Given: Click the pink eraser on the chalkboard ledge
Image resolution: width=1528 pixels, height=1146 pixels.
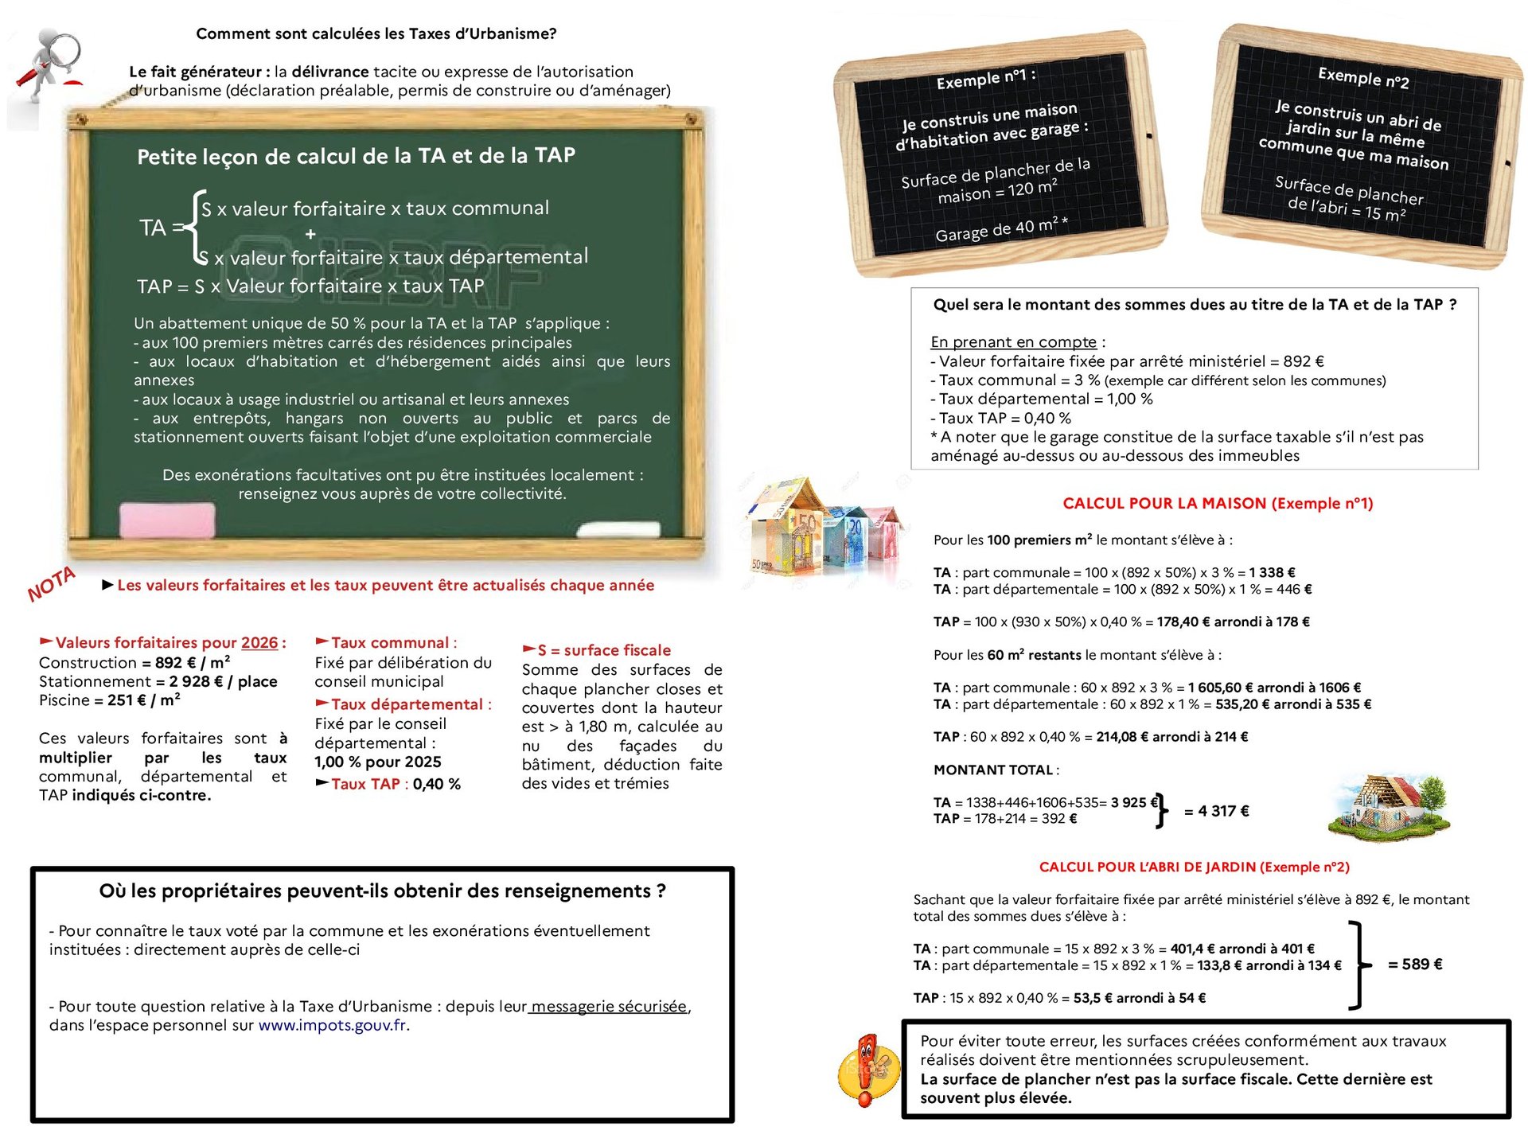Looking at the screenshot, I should click(167, 520).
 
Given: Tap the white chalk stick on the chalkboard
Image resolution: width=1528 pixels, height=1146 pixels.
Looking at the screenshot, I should click(618, 529).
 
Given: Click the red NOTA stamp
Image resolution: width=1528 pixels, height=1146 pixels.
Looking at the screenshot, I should click(51, 585).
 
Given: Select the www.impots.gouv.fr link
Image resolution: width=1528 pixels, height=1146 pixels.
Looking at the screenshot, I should click(332, 1025).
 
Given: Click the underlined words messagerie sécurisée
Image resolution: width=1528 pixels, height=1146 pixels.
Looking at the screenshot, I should click(609, 1006).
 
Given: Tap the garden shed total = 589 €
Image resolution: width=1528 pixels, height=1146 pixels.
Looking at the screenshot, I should click(1415, 965).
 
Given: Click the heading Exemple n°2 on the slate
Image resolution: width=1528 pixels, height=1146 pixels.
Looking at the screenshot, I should click(1363, 78).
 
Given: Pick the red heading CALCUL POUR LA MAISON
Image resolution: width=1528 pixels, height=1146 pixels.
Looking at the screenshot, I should click(1218, 503).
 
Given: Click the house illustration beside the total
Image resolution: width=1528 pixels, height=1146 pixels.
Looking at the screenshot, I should click(1389, 808).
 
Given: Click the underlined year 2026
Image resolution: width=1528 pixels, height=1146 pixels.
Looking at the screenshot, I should click(259, 642).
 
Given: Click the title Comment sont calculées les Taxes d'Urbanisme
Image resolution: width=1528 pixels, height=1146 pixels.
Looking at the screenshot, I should click(376, 33).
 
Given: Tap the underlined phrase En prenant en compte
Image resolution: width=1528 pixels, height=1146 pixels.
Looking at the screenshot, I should click(1013, 341).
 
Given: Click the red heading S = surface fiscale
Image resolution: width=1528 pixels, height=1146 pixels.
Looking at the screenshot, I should click(604, 650).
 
